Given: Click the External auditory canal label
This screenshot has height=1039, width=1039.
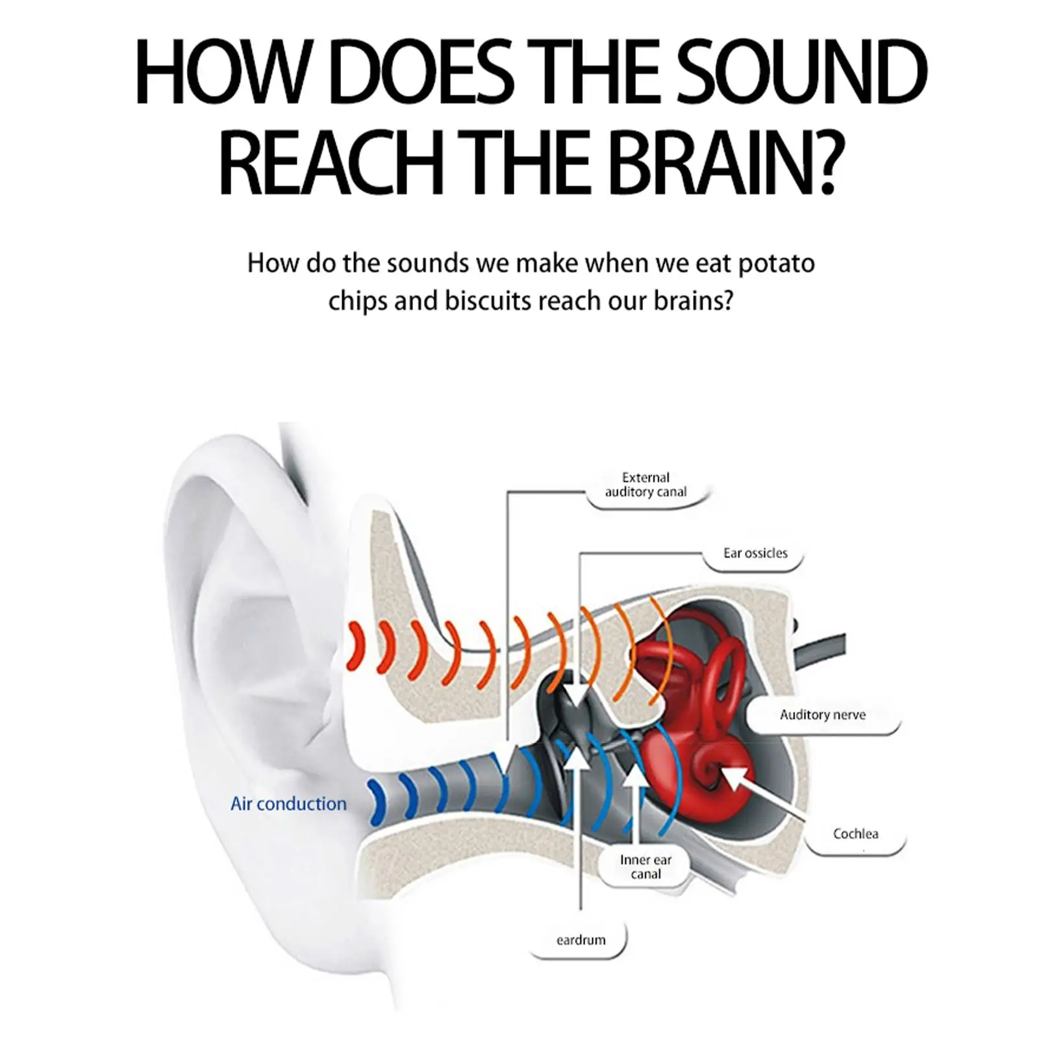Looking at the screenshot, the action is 645,485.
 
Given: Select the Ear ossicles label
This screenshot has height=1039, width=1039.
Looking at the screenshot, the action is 755,553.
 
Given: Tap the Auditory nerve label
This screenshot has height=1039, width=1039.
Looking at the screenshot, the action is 822,715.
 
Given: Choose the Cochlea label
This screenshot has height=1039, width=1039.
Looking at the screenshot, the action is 855,834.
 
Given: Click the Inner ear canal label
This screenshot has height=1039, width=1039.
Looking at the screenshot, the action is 645,867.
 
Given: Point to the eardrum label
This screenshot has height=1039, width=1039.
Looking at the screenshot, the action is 581,940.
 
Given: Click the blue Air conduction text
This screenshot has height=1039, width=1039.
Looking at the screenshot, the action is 288,804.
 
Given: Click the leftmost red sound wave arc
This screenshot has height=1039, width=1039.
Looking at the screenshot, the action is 354,646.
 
